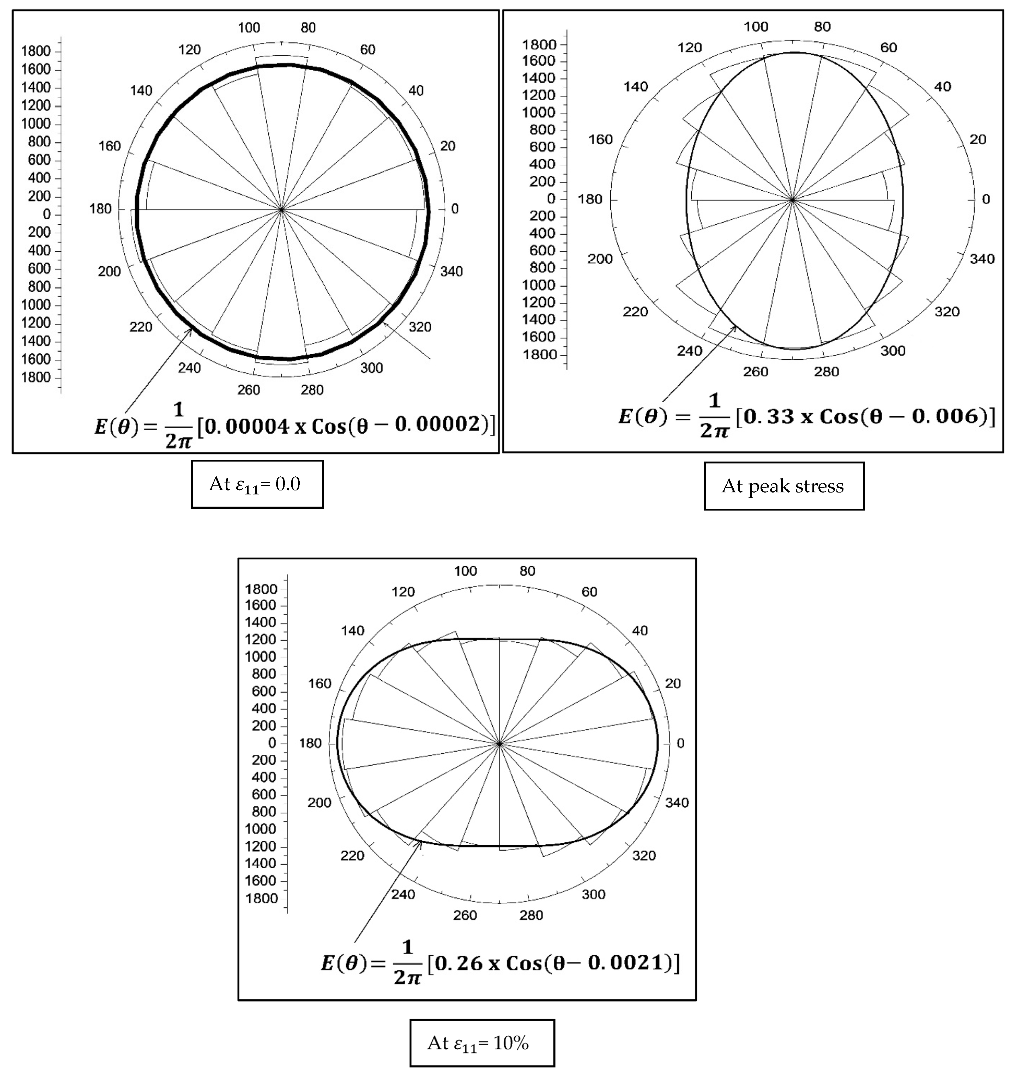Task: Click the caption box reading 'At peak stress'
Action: (x=783, y=486)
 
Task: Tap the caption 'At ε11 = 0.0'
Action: (x=257, y=484)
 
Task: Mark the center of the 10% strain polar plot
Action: (x=499, y=744)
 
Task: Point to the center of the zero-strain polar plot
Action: (x=281, y=209)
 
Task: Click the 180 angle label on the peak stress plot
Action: (x=590, y=199)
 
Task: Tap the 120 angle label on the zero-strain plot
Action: (x=190, y=50)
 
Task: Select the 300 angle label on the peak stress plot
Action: (x=893, y=351)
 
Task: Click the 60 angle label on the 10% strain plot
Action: (x=589, y=592)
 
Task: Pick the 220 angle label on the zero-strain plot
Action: (x=141, y=327)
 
